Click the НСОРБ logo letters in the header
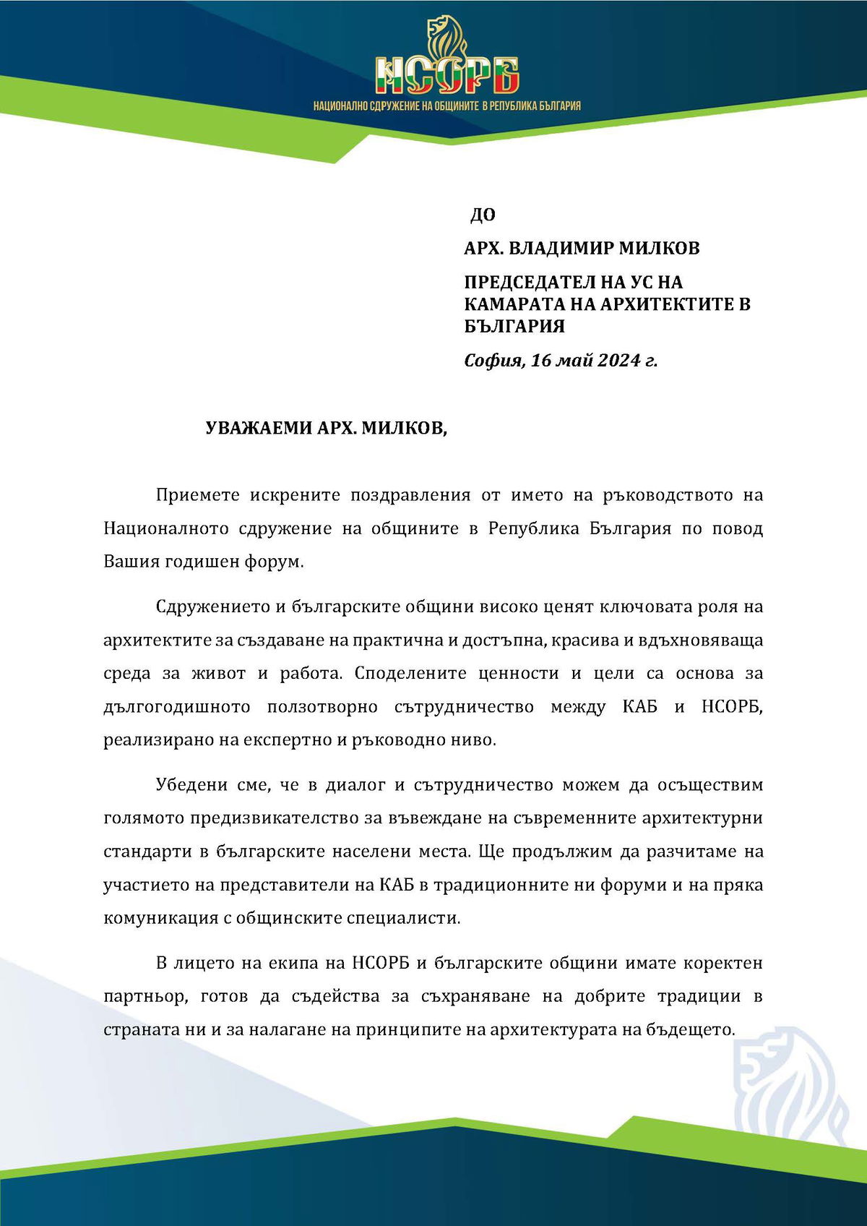tap(447, 76)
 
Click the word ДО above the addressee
tap(483, 215)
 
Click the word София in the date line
tap(493, 359)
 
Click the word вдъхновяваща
tap(696, 640)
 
